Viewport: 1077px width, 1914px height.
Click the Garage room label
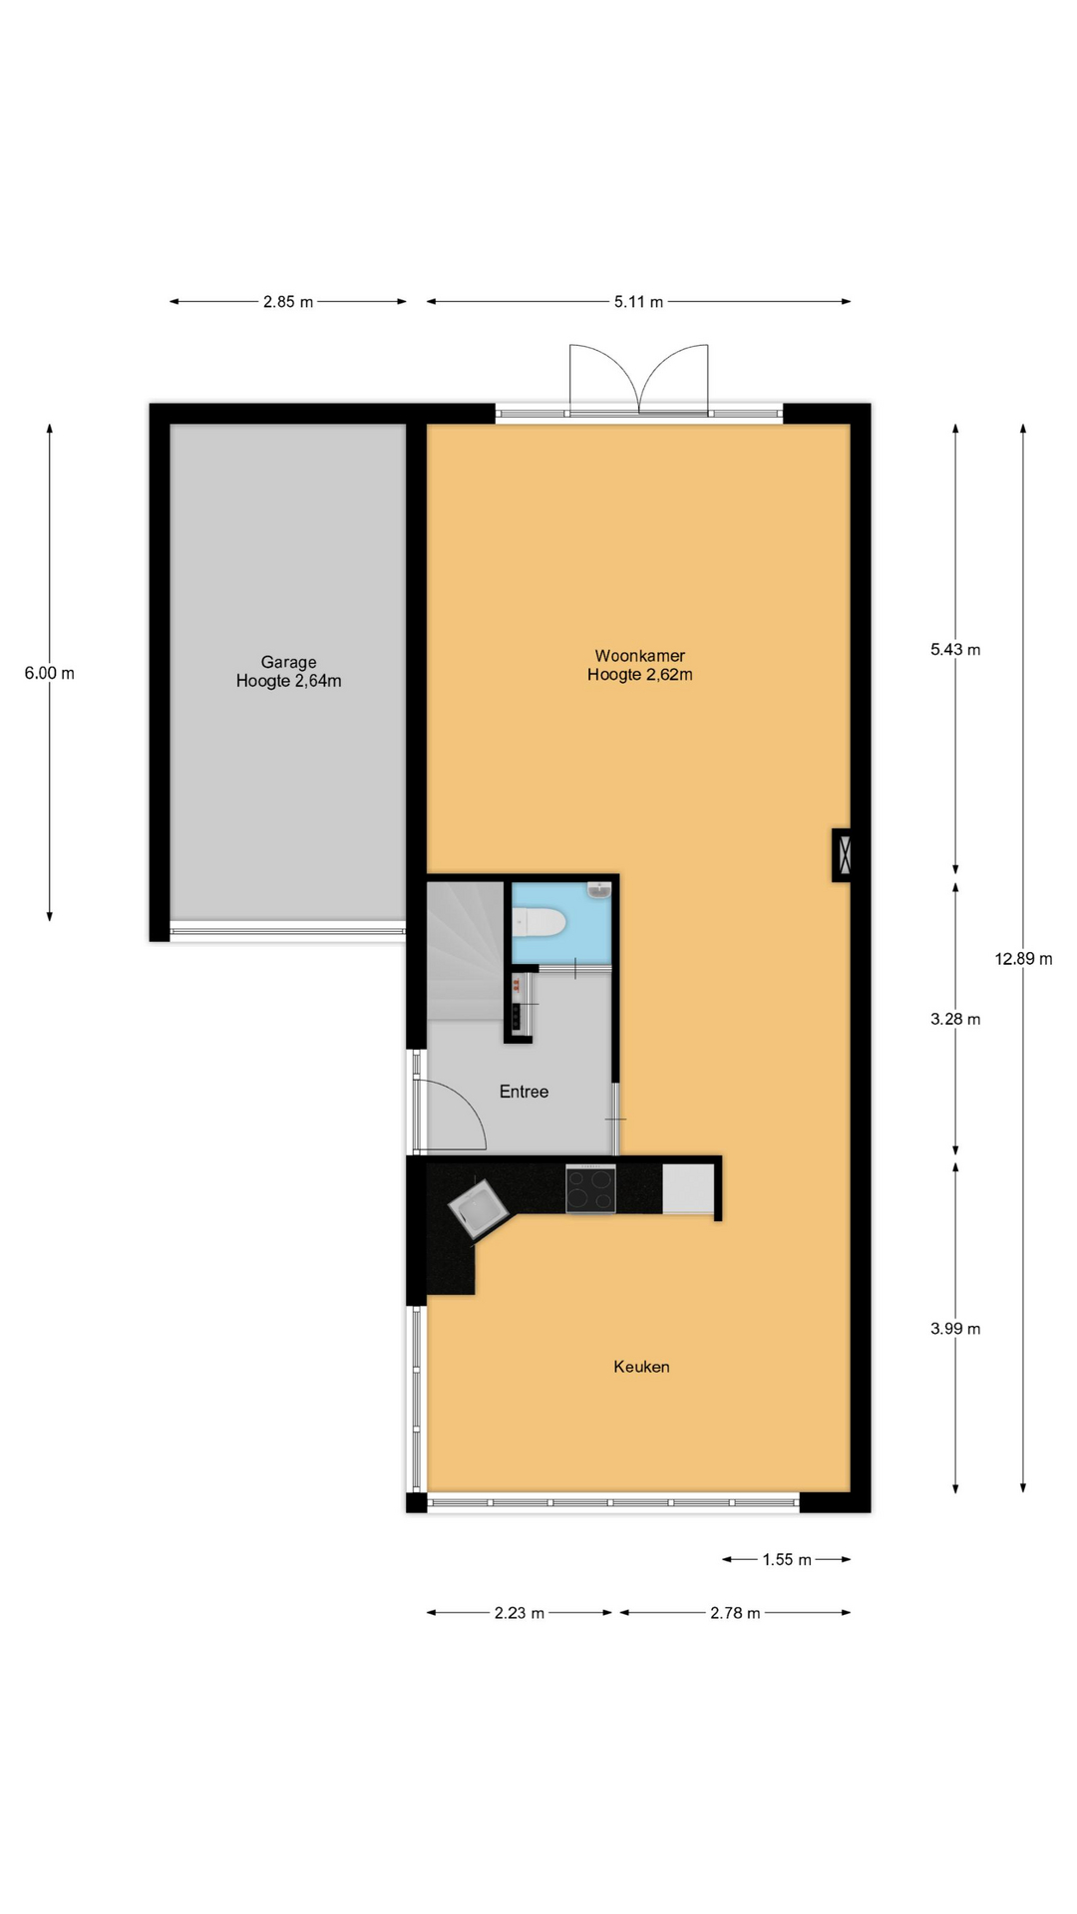[x=288, y=662]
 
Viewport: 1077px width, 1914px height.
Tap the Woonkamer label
[x=640, y=656]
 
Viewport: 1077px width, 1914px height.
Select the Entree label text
[x=524, y=1092]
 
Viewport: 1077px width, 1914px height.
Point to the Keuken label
[x=641, y=1367]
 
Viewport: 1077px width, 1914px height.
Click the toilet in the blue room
[x=538, y=923]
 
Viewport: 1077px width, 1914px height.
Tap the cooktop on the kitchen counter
[x=590, y=1189]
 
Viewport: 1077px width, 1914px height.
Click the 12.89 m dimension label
[x=1023, y=959]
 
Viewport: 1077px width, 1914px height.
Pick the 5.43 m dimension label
[x=955, y=650]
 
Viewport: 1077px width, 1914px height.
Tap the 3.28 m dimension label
[x=955, y=1019]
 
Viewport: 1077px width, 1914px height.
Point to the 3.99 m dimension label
[x=955, y=1329]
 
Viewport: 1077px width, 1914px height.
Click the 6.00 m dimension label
[x=50, y=673]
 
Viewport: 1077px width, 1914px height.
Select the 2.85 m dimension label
[x=288, y=302]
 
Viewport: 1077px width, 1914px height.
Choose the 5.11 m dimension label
[x=638, y=302]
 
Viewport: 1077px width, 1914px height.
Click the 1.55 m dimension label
[x=787, y=1560]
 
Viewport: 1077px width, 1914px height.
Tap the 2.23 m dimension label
[x=520, y=1613]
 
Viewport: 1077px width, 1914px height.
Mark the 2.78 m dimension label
[x=735, y=1613]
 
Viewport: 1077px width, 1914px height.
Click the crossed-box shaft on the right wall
[x=843, y=855]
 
